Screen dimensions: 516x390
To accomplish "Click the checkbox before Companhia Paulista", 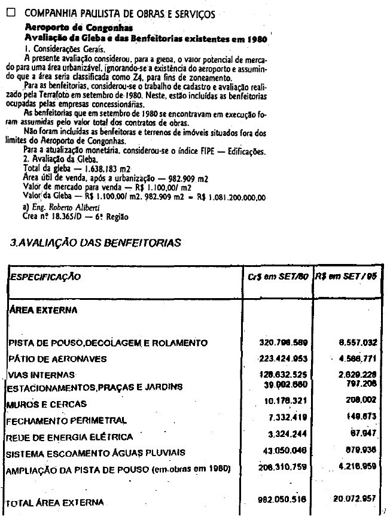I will point(10,13).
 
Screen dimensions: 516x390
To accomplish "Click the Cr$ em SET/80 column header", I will point(278,278).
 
